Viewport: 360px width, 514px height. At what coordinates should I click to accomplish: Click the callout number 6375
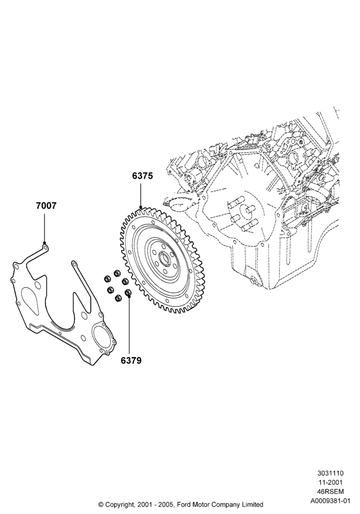[142, 176]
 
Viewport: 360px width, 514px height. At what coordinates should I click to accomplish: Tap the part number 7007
[46, 206]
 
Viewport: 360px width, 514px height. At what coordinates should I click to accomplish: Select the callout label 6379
[131, 360]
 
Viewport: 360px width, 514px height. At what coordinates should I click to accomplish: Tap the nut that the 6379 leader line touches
[128, 292]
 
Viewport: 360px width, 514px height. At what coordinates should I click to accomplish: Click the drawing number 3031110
[330, 473]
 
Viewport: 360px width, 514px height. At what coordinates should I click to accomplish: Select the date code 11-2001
[330, 482]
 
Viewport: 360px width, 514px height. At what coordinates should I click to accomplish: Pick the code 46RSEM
[330, 491]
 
